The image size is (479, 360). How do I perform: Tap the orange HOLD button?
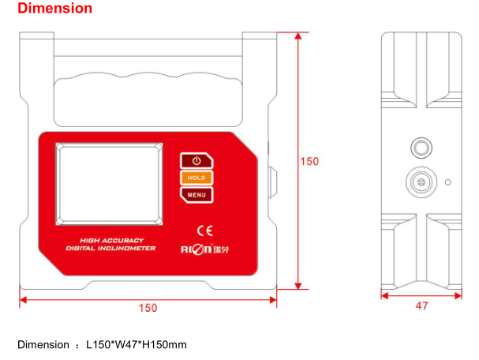196,178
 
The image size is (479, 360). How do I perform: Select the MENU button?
196,194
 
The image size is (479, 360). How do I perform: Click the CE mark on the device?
204,231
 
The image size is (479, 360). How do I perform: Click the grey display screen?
109,182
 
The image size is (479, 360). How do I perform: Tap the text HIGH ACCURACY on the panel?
110,239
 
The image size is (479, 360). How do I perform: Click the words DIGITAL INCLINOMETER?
110,248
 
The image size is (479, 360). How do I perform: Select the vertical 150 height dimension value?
310,161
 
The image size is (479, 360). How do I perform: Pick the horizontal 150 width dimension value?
148,306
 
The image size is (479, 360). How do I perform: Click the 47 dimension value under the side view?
421,306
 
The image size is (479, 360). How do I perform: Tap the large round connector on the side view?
421,182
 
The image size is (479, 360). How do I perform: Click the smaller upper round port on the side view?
421,148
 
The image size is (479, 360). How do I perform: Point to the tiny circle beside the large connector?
448,182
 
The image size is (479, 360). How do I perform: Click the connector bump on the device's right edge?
273,182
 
